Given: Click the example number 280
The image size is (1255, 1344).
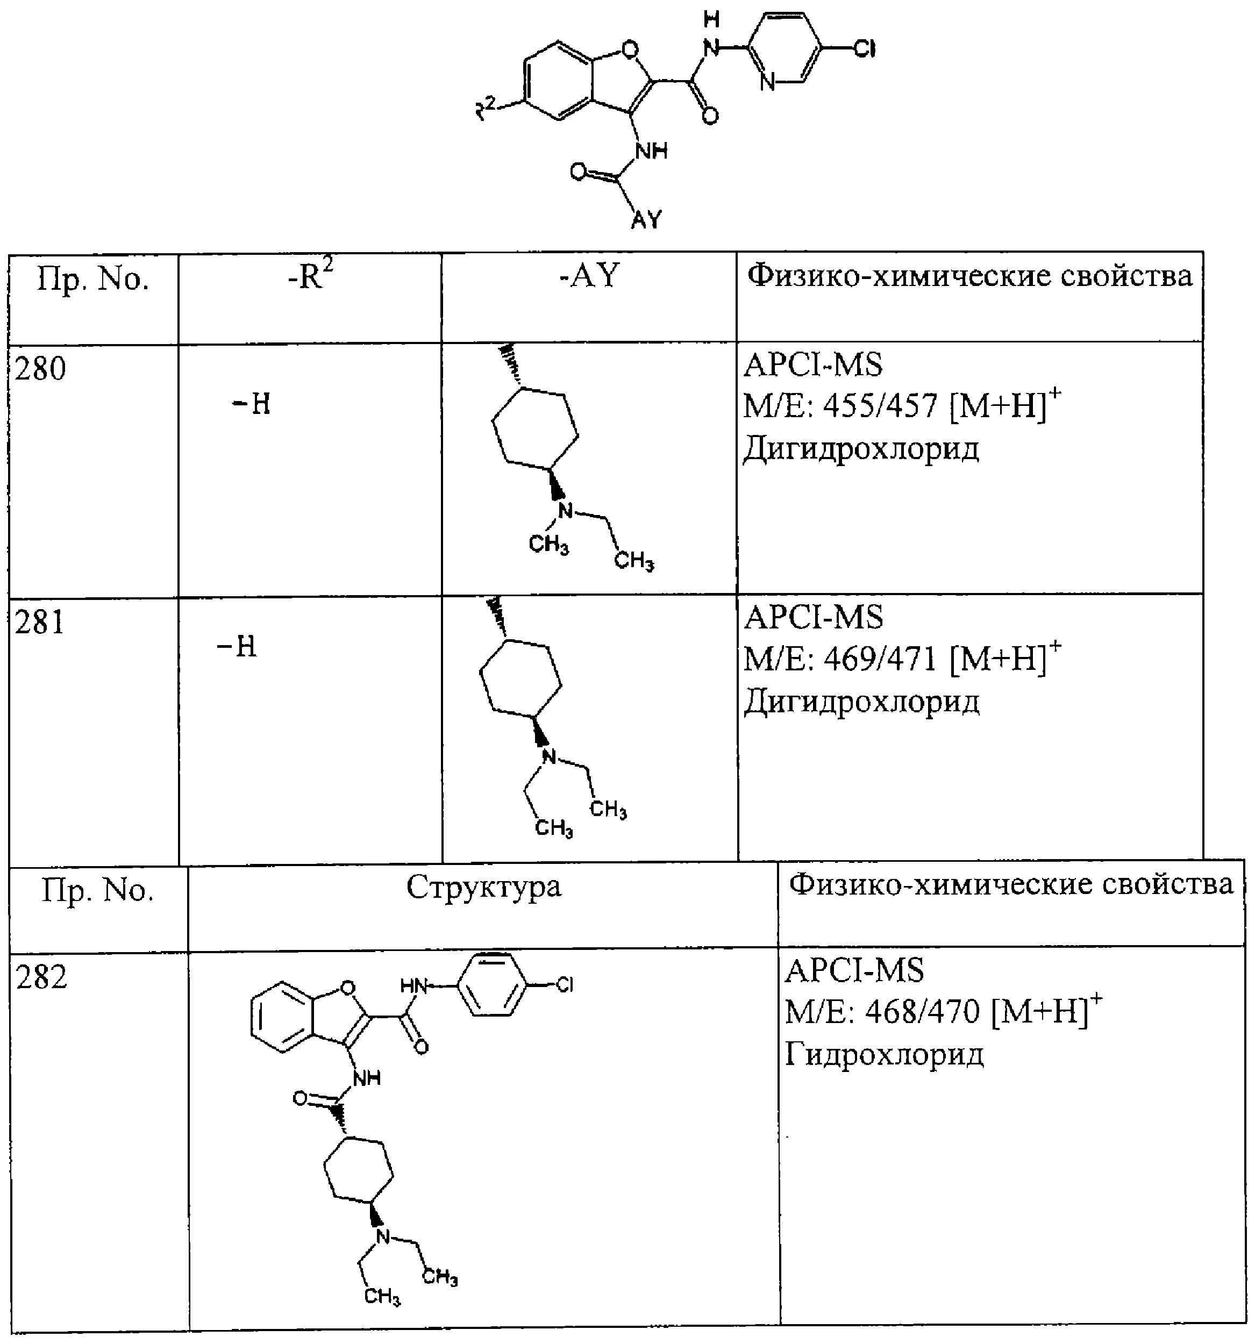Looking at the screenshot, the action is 40,369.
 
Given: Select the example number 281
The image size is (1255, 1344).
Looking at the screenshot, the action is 40,622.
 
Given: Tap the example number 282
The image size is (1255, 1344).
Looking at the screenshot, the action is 42,977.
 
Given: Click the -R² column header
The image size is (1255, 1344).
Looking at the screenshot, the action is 310,275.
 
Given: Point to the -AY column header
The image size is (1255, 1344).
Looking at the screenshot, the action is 589,276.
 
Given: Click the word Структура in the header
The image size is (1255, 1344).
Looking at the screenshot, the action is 484,888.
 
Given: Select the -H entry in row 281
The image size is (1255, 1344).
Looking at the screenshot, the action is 237,647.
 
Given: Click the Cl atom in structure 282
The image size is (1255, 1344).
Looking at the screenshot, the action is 564,985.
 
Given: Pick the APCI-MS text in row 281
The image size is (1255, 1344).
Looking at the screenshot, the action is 814,617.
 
